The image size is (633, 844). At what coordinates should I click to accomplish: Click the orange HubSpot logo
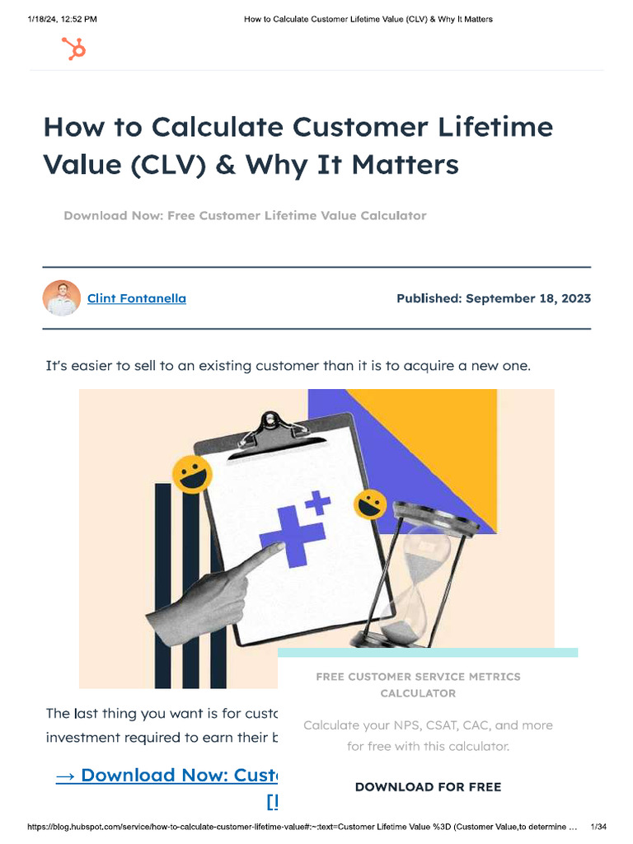point(74,49)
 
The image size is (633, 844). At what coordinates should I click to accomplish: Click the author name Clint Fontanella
point(137,298)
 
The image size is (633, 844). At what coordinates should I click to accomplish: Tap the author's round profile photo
point(62,298)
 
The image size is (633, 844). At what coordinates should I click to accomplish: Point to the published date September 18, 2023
point(493,298)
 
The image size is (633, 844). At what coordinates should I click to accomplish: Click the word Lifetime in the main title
point(496,128)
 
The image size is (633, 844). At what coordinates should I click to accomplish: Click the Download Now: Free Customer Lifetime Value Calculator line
point(245,216)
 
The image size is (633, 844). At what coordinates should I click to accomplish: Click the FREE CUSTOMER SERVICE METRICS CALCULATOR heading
point(418,685)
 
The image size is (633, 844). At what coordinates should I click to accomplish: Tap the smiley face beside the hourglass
point(370,504)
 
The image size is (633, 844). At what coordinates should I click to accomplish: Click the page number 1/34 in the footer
point(599,827)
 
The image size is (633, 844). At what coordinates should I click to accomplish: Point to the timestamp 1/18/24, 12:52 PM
point(62,19)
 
